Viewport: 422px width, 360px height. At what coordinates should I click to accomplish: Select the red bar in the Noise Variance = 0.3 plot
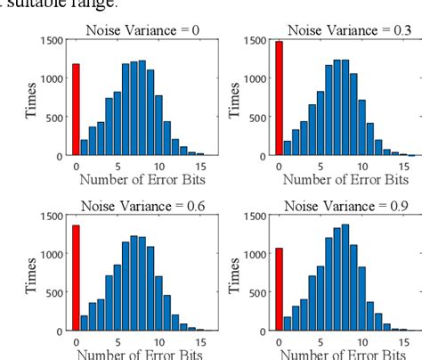[279, 98]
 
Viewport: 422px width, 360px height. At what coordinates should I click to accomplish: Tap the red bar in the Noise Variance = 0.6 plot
[76, 277]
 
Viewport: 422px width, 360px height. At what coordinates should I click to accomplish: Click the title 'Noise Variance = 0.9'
[337, 206]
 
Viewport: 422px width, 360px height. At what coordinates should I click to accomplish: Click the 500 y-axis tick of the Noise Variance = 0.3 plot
[256, 117]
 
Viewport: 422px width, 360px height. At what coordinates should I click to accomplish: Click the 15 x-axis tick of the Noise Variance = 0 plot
[200, 166]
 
